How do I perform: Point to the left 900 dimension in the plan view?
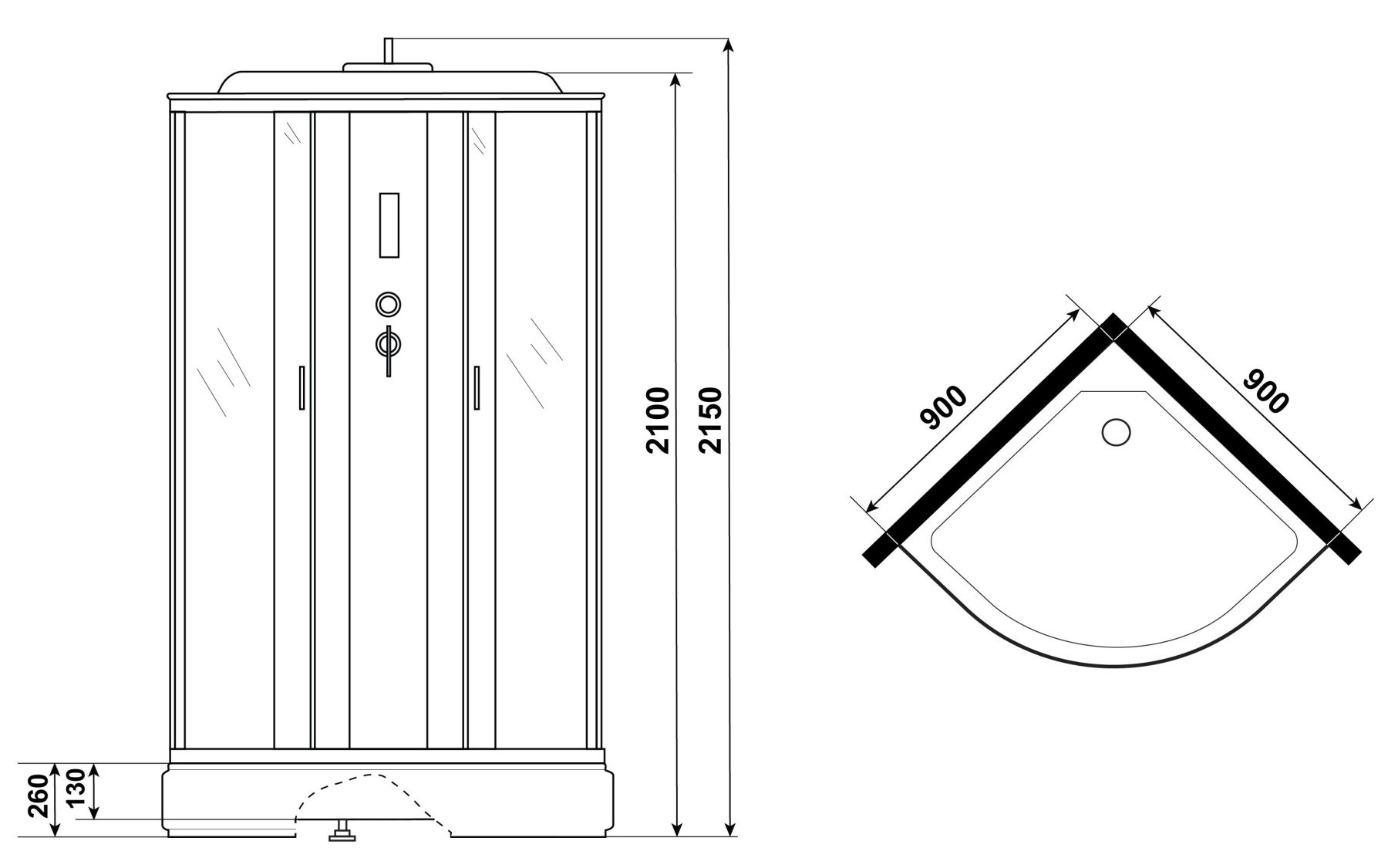point(943,407)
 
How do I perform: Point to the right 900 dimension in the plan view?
point(1265,390)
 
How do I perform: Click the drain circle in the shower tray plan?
point(1116,431)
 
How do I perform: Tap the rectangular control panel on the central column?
point(388,224)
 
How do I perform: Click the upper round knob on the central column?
point(388,304)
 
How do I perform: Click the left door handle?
point(302,387)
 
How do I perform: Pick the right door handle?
point(477,387)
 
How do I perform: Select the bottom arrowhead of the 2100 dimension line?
point(676,827)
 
